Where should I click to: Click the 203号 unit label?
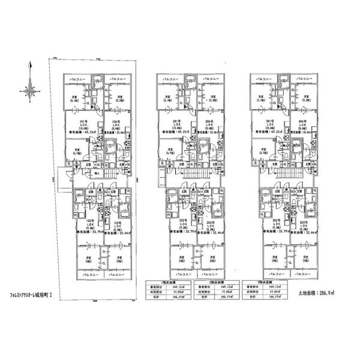[x=209, y=221]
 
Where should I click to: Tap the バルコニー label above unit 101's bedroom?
[x=77, y=79]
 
